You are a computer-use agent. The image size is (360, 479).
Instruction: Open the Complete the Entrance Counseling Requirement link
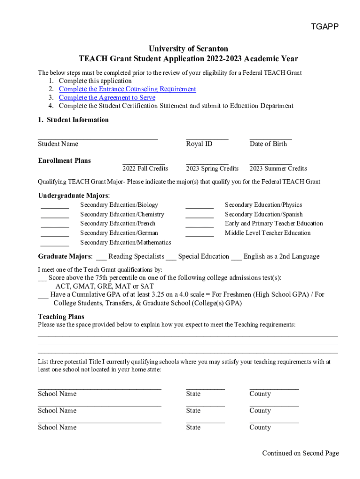tap(127, 89)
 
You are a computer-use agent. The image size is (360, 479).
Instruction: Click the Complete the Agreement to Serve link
tap(107, 97)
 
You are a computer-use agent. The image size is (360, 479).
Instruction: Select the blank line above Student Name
tap(98, 138)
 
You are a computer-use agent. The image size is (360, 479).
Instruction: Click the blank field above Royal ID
tap(207, 138)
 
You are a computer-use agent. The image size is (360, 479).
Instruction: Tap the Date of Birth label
tap(268, 144)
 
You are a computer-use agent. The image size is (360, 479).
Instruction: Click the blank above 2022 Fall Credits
tap(144, 163)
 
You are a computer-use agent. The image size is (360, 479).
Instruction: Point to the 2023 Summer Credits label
tap(278, 168)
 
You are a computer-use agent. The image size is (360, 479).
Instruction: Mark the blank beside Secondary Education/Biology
tap(55, 206)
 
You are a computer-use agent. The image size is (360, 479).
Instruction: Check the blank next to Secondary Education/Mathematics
tap(55, 244)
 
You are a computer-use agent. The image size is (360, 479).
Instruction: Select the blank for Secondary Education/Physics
tap(200, 206)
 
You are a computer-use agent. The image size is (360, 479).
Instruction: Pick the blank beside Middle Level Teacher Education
tap(200, 234)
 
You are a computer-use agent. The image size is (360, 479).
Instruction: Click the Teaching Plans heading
tap(61, 317)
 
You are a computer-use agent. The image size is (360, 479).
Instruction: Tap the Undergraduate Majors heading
tap(74, 196)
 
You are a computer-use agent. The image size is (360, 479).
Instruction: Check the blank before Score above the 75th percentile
tap(42, 279)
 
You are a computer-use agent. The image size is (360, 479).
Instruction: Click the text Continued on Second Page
tap(300, 453)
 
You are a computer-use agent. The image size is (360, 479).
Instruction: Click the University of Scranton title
tap(188, 49)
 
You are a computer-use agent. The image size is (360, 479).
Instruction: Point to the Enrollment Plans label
tap(65, 160)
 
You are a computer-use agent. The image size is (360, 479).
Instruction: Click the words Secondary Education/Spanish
tap(264, 214)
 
